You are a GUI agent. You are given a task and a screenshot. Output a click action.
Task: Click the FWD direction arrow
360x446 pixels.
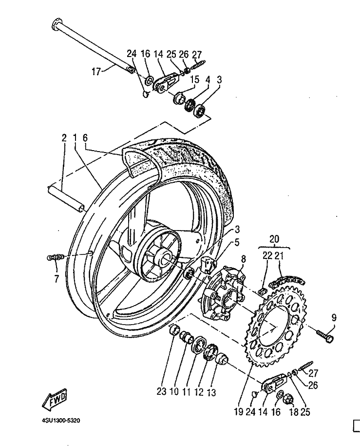click(55, 399)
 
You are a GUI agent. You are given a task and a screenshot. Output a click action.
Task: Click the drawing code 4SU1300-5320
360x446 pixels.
click(59, 420)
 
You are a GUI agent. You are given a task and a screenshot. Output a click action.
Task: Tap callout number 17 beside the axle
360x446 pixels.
click(96, 71)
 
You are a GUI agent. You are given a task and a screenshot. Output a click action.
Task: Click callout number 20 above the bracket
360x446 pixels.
click(274, 239)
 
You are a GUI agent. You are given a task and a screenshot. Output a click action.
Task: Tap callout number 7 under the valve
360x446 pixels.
click(57, 278)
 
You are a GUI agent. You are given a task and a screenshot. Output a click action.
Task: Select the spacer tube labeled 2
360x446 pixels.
click(66, 198)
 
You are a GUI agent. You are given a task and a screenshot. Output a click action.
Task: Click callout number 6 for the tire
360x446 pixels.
click(85, 138)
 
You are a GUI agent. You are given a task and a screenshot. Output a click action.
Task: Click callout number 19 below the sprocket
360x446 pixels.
click(239, 411)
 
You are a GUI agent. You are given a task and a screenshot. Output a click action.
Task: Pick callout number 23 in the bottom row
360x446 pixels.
click(162, 392)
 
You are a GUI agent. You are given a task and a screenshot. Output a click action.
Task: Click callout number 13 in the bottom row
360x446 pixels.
click(211, 393)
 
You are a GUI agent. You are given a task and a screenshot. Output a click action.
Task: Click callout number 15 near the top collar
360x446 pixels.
click(195, 79)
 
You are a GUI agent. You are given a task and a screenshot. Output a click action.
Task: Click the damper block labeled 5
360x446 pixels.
click(207, 264)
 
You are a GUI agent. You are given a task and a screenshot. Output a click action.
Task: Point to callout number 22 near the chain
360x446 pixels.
click(267, 256)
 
